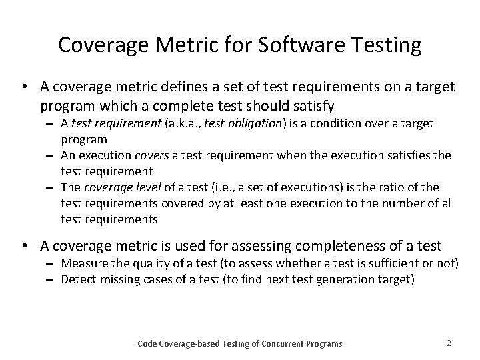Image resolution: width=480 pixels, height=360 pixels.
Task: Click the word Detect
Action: [76, 279]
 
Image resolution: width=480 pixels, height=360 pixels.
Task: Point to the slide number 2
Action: [449, 343]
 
